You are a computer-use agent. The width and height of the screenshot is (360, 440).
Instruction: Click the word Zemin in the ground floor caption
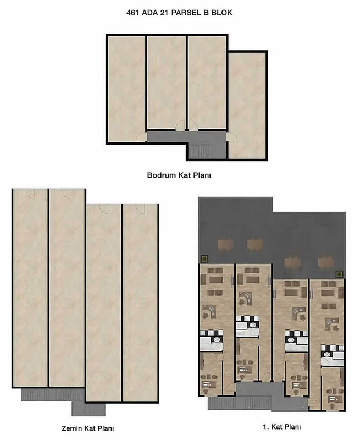[x=72, y=428]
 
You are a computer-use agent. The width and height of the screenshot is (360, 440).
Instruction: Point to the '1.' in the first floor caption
[x=266, y=427]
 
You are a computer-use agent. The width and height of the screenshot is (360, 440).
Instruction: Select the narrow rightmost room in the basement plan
[x=247, y=106]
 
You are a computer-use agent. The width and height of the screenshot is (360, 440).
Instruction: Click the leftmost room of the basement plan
[x=126, y=89]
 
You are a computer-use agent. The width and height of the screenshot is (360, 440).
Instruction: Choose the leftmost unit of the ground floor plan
[x=30, y=288]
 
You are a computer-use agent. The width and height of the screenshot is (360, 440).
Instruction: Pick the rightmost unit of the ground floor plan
[x=140, y=303]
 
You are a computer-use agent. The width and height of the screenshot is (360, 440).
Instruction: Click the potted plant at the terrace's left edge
[x=205, y=258]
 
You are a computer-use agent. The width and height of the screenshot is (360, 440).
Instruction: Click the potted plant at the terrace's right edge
[x=340, y=274]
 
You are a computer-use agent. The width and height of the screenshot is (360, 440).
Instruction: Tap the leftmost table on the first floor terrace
[x=225, y=244]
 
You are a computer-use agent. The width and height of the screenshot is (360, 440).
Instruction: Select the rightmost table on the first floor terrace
[x=325, y=262]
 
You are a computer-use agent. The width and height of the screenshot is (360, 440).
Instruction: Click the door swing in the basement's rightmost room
[x=232, y=136]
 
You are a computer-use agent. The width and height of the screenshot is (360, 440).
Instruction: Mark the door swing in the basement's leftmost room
[x=141, y=136]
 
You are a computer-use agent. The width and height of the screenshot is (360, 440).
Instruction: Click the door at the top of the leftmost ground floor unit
[x=30, y=194]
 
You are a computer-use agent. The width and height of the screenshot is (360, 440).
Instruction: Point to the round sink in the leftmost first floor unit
[x=217, y=339]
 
